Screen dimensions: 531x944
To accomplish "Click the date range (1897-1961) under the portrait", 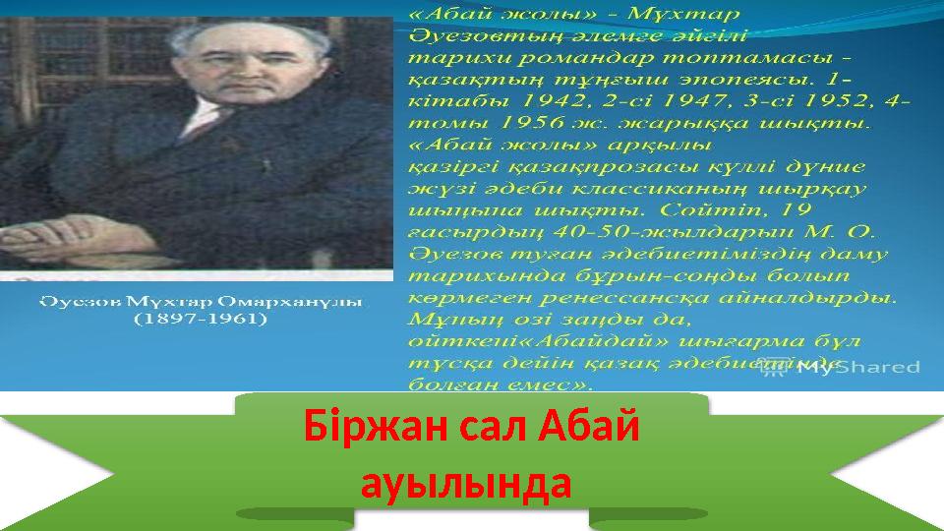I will [201, 320].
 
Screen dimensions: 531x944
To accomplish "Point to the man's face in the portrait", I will [259, 88].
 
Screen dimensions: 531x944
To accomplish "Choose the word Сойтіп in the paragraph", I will [700, 208].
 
